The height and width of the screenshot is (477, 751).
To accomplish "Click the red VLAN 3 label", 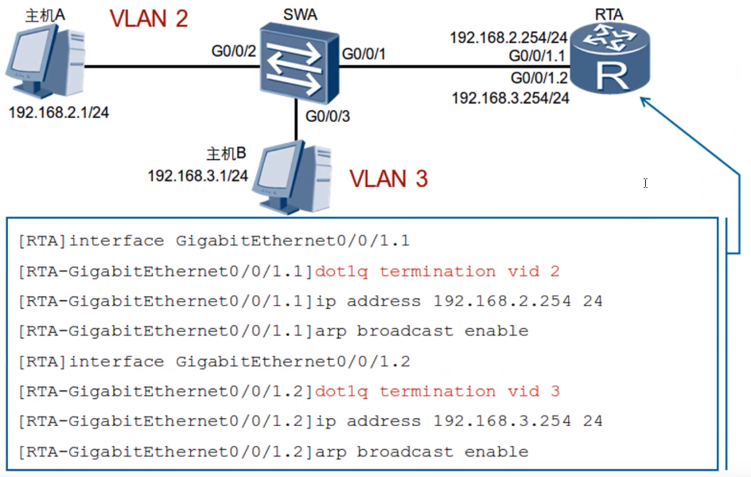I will [389, 178].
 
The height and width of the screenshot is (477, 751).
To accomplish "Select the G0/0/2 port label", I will [233, 52].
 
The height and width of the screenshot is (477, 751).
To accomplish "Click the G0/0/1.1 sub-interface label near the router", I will [539, 57].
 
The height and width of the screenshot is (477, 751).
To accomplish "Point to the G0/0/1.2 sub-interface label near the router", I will [539, 77].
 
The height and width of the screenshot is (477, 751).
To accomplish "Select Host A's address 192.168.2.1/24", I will [58, 112].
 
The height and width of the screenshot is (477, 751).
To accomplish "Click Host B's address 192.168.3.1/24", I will [198, 174].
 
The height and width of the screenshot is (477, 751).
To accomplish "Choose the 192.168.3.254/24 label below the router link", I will [511, 98].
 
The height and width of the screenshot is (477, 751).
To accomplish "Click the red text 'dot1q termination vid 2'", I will [437, 272].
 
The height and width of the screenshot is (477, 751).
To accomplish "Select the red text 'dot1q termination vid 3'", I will [437, 391].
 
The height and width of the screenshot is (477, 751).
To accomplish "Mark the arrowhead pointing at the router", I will [647, 104].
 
